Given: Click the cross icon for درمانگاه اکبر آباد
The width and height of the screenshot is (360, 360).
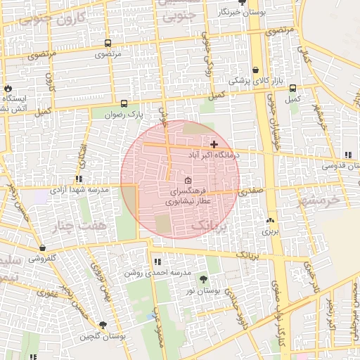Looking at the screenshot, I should (x=214, y=144).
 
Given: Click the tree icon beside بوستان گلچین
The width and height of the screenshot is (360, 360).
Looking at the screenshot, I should (x=103, y=325).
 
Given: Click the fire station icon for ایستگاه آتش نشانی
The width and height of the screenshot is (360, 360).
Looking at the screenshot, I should (x=8, y=89).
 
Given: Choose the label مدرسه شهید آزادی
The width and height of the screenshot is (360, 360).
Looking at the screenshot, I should (x=79, y=190).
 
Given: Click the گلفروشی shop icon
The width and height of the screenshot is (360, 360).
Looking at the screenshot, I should (x=44, y=248).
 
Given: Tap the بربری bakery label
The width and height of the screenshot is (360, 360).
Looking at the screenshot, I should (x=271, y=231).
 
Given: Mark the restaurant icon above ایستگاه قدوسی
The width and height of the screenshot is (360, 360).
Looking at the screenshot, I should (x=348, y=155).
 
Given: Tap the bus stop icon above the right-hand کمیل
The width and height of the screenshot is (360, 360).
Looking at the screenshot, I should (x=292, y=89).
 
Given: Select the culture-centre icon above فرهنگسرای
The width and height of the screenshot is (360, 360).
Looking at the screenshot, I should (x=187, y=180).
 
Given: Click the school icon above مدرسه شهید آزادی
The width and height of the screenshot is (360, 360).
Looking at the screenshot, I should (x=79, y=179).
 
